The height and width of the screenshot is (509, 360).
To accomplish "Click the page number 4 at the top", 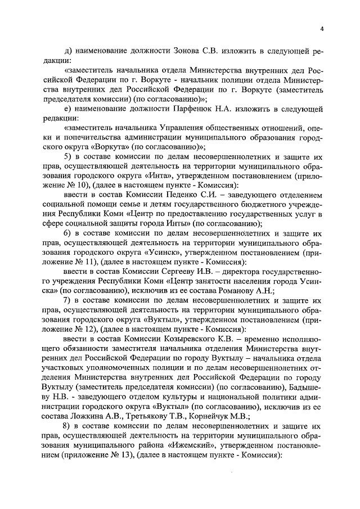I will [322, 29].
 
